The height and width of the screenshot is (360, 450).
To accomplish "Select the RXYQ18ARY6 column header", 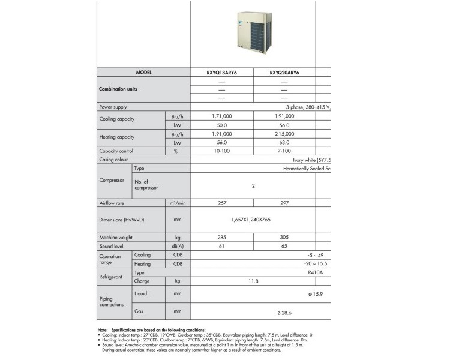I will click(222, 73).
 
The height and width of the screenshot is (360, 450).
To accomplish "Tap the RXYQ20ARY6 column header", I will click(284, 73).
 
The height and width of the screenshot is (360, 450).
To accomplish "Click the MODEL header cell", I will click(144, 73).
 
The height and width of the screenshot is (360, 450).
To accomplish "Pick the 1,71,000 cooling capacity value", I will click(222, 116).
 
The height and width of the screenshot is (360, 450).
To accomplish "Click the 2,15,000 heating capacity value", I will click(284, 134).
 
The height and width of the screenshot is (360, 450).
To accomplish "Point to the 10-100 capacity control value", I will click(222, 151).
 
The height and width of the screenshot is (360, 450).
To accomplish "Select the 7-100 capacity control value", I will click(284, 151).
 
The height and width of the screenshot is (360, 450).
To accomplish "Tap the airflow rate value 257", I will click(222, 203).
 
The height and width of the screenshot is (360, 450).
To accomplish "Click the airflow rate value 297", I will click(284, 203).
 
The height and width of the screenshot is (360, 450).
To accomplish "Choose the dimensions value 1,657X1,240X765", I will click(253, 220).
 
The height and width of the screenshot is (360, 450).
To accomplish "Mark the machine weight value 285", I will click(222, 238).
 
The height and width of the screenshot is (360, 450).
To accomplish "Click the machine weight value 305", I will click(284, 238).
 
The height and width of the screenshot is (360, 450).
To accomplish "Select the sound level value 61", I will click(222, 247).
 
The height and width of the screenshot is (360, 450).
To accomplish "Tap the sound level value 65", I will click(284, 247).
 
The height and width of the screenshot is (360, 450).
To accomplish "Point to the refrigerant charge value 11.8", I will click(253, 281).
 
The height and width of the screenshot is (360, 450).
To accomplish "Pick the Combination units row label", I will click(118, 89).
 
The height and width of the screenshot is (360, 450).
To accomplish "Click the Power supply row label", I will click(113, 107).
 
